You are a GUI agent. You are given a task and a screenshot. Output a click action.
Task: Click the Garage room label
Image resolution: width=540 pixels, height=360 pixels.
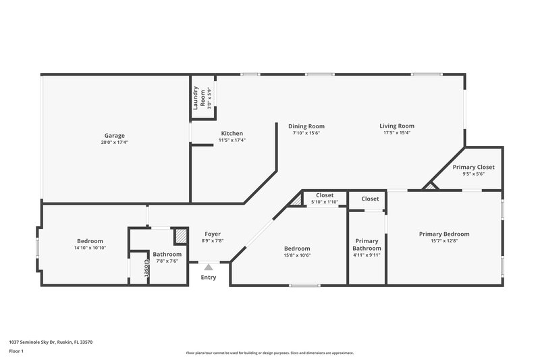[x=114, y=135]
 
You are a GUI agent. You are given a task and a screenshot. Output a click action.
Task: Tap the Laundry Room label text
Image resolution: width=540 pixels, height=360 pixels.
[x=196, y=99]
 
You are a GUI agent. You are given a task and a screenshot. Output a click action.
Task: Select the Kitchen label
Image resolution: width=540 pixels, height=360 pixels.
[x=232, y=133]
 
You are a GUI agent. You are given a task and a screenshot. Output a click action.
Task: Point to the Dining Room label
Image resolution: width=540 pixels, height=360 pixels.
[x=306, y=126]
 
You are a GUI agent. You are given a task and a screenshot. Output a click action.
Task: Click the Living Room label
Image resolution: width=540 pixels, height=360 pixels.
[x=396, y=126]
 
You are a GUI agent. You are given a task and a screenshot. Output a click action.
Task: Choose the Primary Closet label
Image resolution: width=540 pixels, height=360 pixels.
[x=473, y=167]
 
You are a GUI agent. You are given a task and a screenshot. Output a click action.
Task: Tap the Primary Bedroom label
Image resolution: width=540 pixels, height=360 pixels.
[x=443, y=234]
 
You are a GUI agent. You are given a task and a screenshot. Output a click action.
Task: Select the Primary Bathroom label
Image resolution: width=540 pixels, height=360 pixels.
[x=367, y=245]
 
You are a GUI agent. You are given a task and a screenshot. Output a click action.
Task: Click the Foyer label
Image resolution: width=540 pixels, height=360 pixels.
[x=213, y=234]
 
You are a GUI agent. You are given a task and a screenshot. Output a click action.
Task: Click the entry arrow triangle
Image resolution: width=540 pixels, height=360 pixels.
[x=209, y=267]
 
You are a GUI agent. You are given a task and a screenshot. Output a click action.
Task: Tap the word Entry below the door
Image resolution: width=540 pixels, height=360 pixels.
[x=209, y=277]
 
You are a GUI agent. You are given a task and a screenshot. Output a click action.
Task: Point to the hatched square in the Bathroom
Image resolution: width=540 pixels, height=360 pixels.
[x=180, y=236]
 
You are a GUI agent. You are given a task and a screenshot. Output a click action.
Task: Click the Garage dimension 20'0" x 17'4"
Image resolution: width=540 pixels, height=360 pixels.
[x=114, y=142]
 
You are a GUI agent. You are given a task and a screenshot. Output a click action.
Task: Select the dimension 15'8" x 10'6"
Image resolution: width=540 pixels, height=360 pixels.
[x=297, y=255]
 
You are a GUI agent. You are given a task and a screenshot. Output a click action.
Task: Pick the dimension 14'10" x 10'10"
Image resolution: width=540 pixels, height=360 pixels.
[x=90, y=248]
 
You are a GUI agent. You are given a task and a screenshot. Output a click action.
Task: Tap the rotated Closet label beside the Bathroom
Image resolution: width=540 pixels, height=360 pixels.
[x=144, y=267]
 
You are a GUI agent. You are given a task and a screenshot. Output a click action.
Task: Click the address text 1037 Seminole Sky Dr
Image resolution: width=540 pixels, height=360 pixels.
[x=51, y=342]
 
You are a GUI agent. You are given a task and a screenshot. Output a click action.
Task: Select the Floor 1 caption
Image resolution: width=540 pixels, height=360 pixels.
[x=17, y=352]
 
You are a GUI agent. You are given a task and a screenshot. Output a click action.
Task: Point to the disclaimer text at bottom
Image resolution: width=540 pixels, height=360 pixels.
[x=270, y=353]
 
